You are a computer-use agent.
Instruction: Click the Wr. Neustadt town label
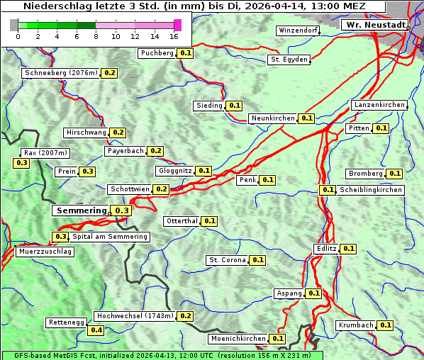click(x=375, y=25)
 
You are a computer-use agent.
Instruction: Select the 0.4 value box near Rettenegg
click(x=96, y=330)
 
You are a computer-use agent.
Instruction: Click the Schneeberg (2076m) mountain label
click(x=60, y=73)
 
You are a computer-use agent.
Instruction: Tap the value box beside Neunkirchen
click(x=307, y=118)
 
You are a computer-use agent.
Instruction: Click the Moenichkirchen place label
click(x=238, y=339)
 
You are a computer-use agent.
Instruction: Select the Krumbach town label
click(x=355, y=325)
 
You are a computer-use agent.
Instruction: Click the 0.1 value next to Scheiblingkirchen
click(x=327, y=190)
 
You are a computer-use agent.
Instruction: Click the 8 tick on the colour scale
click(x=96, y=36)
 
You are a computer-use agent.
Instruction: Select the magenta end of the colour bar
click(x=177, y=26)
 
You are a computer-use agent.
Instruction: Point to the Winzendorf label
click(x=298, y=30)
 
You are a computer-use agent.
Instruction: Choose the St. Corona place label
click(x=227, y=260)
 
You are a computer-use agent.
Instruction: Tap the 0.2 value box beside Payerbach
click(x=156, y=151)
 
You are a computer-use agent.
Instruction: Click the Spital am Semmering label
click(x=110, y=237)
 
